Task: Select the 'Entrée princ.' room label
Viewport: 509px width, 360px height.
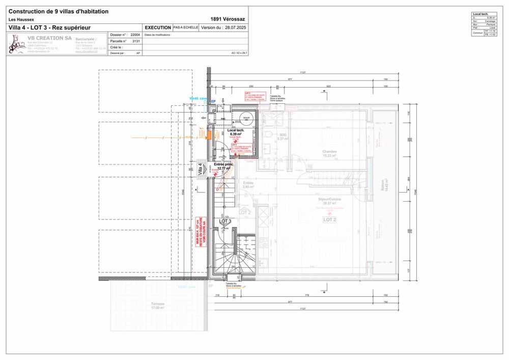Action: [x=224, y=164]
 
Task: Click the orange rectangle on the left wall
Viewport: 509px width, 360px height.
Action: [x=209, y=134]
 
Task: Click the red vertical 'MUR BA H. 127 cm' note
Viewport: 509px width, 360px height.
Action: [x=201, y=232]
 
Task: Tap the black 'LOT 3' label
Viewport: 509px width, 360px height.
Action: [x=225, y=221]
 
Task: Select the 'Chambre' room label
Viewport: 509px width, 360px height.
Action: [x=329, y=152]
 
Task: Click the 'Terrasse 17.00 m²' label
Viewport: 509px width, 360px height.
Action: [x=158, y=306]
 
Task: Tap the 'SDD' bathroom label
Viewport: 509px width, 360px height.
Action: [x=282, y=135]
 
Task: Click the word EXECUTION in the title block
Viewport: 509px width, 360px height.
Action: [x=158, y=27]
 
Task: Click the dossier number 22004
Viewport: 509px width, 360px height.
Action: [x=135, y=35]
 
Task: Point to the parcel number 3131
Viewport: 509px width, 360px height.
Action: [x=136, y=41]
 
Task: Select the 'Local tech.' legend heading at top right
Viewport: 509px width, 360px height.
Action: [x=480, y=14]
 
